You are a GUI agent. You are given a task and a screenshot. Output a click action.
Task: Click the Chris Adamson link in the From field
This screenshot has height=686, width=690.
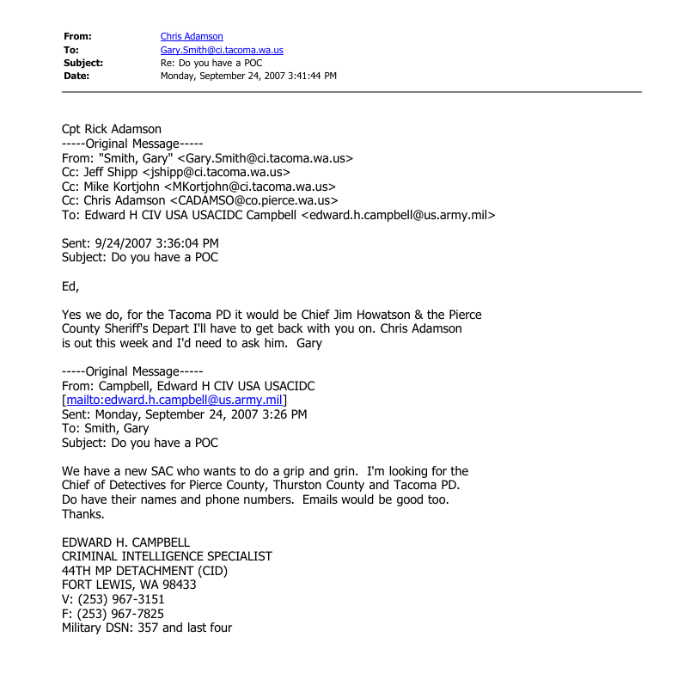point(192,36)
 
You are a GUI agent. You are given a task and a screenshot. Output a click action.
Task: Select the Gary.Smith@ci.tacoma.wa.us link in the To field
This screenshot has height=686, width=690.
point(222,50)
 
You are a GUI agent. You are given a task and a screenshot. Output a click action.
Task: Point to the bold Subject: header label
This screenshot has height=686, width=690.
point(83,63)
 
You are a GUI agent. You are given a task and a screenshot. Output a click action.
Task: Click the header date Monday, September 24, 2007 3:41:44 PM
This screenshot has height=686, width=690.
point(248,76)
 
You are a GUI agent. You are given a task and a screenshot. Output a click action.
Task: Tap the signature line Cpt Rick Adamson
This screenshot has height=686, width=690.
point(112,130)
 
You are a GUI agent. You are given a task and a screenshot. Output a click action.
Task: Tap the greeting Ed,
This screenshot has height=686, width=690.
point(70,286)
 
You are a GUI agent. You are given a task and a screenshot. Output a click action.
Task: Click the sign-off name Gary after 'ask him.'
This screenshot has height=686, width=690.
point(308,343)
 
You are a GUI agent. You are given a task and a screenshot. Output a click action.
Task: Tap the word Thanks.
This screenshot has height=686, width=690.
point(83,514)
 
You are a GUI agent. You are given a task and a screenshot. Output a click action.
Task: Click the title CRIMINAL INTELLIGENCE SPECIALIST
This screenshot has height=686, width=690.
point(167,556)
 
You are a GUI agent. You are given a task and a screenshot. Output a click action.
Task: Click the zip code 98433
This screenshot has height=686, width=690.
point(177,585)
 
